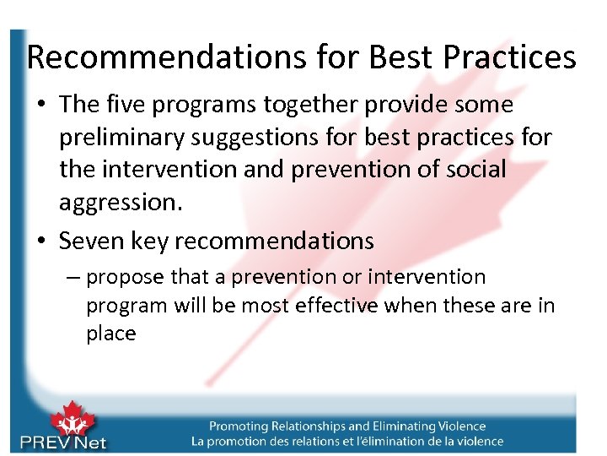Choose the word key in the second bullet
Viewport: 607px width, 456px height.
coord(149,241)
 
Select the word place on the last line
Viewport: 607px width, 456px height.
coord(110,333)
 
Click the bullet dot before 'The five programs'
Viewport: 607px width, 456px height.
coord(42,106)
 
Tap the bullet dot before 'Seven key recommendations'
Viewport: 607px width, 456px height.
coord(42,242)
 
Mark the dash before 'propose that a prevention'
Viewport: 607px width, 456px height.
coord(73,277)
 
